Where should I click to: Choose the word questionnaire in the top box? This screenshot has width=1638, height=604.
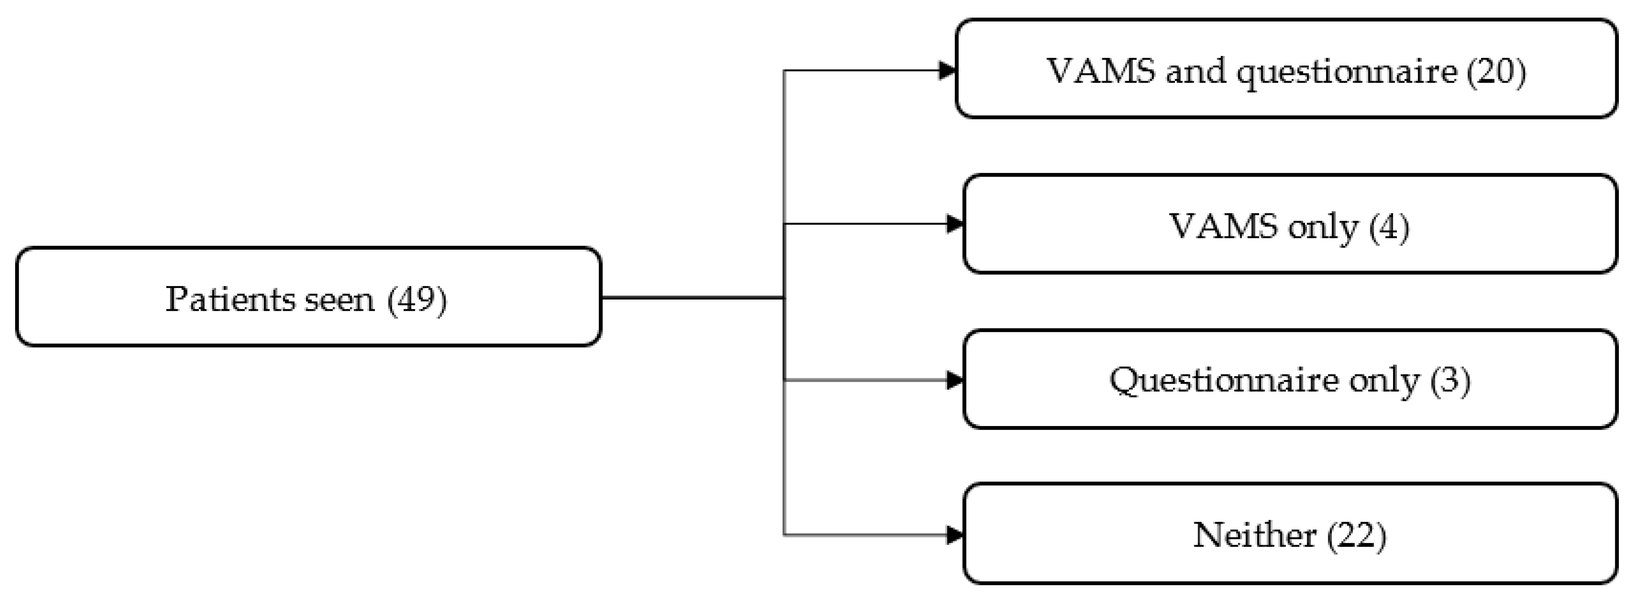click(1347, 72)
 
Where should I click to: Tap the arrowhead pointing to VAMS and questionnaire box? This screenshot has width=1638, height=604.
click(948, 71)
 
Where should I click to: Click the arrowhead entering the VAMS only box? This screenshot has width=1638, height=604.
click(955, 224)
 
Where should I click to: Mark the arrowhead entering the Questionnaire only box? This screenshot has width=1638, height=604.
click(955, 381)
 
